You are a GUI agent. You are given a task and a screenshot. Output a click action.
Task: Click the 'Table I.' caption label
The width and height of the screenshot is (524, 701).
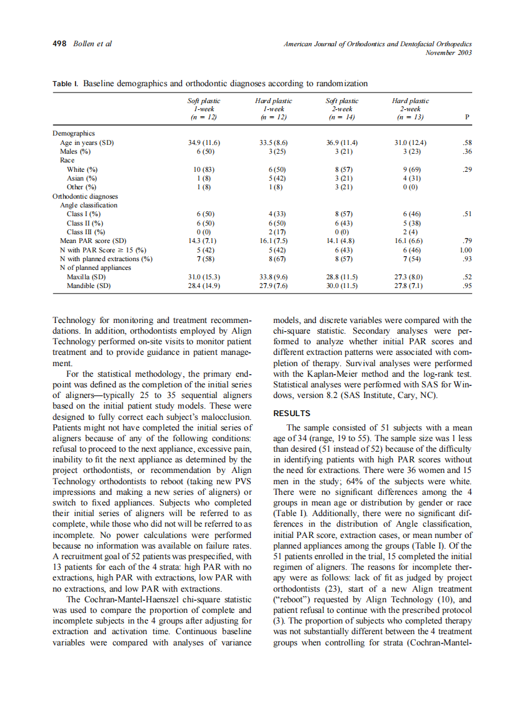pyautogui.click(x=65, y=84)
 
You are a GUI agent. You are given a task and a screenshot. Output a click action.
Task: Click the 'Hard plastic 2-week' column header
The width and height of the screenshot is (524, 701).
pyautogui.click(x=410, y=108)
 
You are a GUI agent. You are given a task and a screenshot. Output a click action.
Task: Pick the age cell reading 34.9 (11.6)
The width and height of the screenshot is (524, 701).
pyautogui.click(x=204, y=142)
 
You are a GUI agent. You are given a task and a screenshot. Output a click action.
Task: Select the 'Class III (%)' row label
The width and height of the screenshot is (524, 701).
pyautogui.click(x=84, y=231)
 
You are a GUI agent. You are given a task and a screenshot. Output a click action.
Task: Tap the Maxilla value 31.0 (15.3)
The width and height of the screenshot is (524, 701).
pyautogui.click(x=204, y=276)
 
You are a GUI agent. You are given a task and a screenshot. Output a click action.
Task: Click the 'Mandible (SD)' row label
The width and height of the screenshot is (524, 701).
pyautogui.click(x=89, y=285)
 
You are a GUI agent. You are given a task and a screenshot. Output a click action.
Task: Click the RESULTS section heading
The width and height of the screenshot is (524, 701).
pyautogui.click(x=292, y=414)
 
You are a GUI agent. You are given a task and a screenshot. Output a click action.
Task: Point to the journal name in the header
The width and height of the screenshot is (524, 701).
pyautogui.click(x=378, y=44)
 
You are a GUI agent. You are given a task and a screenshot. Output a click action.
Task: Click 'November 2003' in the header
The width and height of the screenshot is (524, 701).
pyautogui.click(x=448, y=53)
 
